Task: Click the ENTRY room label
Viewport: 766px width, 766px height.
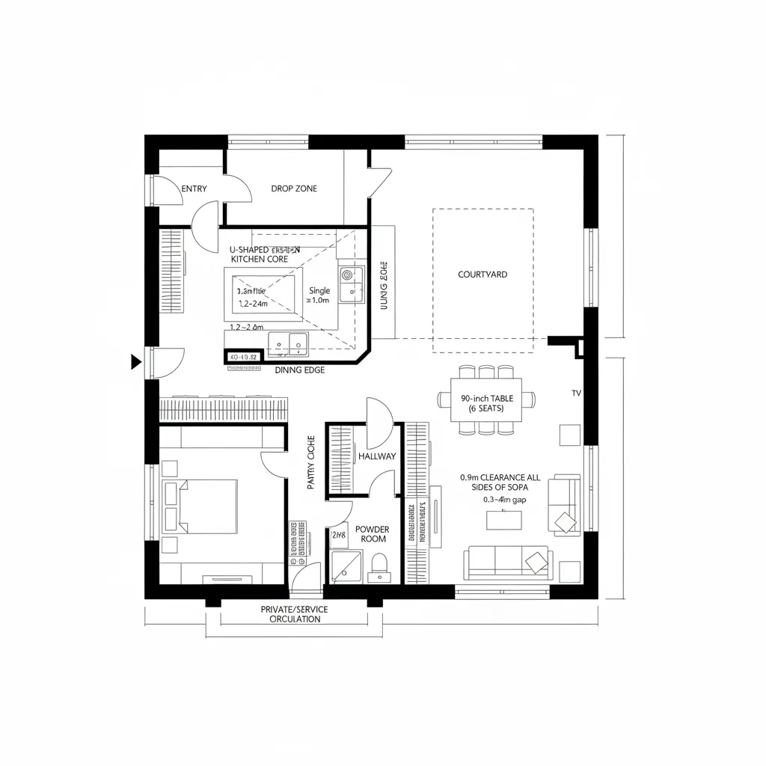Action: click(194, 189)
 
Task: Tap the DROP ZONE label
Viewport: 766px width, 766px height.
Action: click(294, 189)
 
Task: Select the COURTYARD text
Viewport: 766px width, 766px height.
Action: click(482, 275)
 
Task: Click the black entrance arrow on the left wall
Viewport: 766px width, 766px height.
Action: click(135, 362)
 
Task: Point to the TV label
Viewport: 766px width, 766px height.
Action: click(576, 393)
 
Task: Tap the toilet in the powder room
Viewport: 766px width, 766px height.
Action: click(379, 565)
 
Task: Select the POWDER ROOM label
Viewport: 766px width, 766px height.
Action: click(373, 534)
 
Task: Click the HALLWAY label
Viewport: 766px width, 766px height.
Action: click(377, 456)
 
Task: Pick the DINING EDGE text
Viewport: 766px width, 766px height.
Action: click(300, 370)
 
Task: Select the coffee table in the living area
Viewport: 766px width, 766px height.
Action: click(505, 519)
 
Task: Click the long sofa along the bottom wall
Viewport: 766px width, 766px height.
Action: click(508, 563)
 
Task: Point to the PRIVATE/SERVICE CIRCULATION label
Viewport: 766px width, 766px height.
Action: click(294, 614)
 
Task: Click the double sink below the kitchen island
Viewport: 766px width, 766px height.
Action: click(289, 343)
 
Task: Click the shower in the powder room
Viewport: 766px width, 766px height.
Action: click(346, 566)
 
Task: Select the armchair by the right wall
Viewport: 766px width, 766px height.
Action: click(564, 505)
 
